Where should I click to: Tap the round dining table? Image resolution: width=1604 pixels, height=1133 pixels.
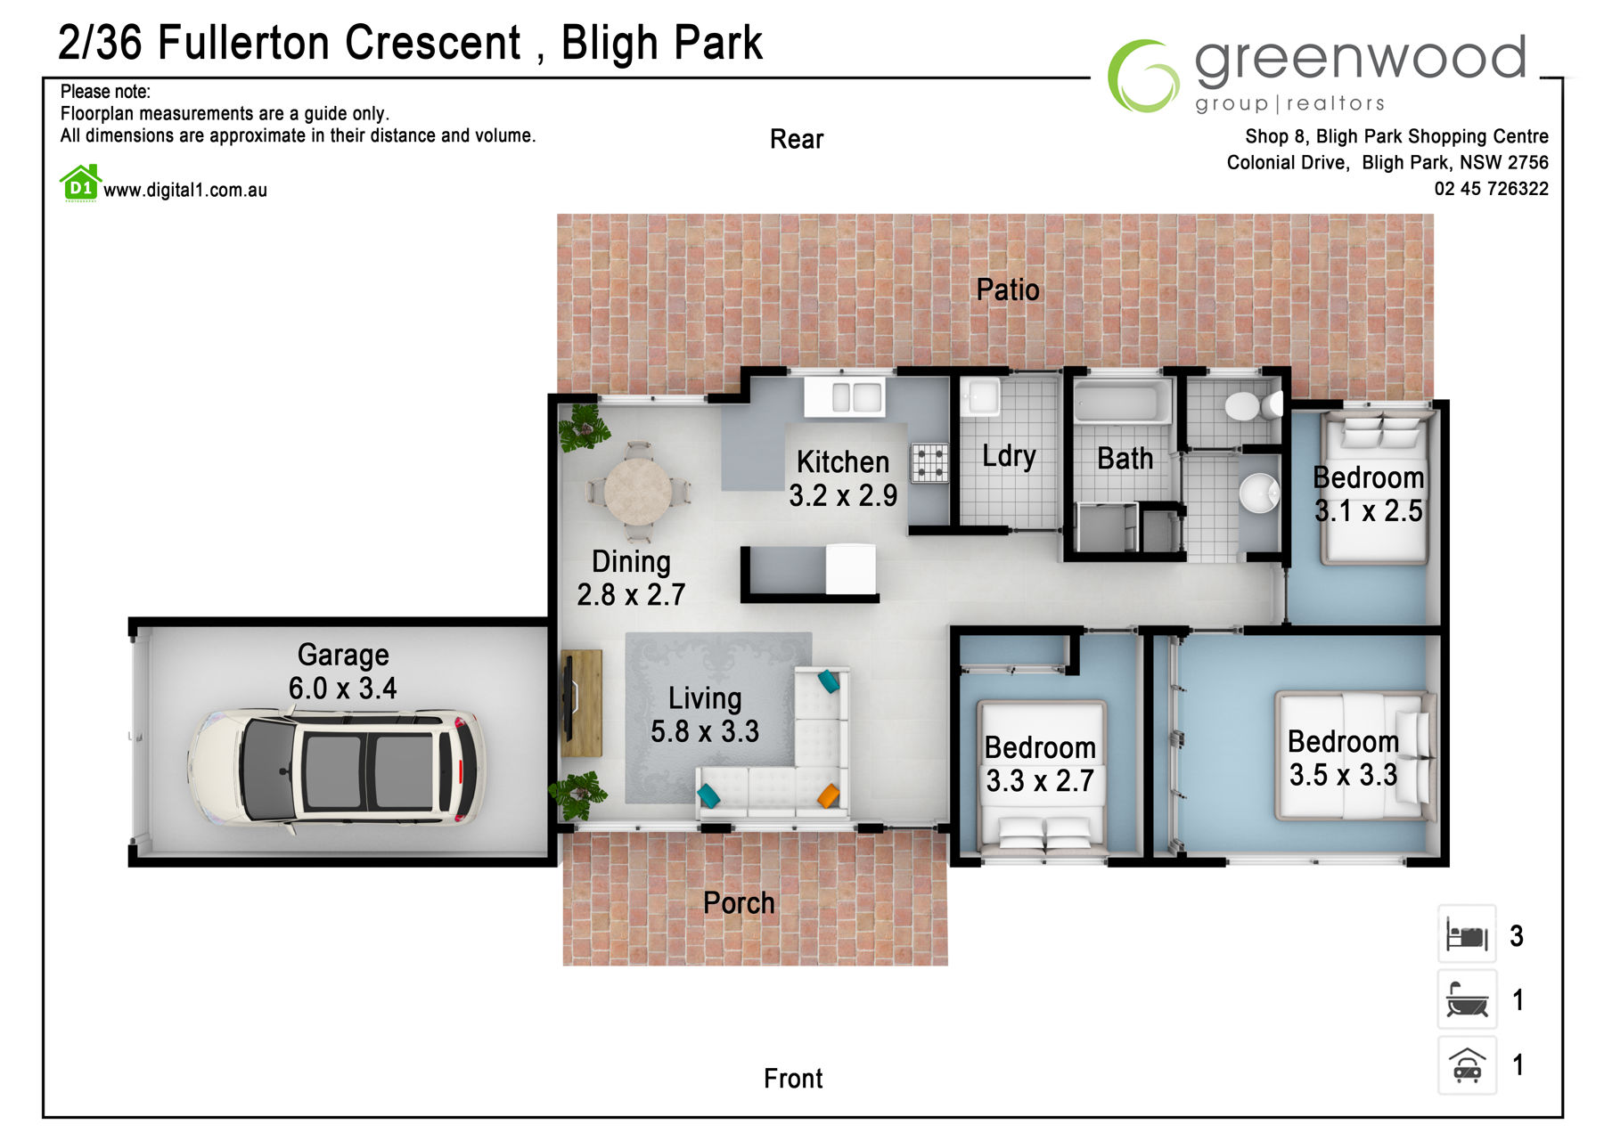point(637,492)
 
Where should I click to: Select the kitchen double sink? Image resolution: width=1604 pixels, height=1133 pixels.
point(845,396)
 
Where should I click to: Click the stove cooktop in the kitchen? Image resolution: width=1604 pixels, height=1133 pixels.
point(929,463)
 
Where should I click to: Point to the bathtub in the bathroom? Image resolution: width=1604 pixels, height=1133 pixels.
point(1122,403)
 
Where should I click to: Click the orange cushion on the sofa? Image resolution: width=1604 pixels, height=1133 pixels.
point(829,795)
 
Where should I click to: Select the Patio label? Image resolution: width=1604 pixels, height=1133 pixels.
point(1008,289)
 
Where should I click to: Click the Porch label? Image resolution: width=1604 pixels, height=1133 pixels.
point(739,903)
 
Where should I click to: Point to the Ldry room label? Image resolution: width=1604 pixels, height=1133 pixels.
point(1009,456)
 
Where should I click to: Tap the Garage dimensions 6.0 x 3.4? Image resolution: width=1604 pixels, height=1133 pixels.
point(342,689)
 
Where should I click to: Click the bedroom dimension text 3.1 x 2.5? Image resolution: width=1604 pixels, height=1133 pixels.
point(1368,511)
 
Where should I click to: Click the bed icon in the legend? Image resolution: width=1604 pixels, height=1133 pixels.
point(1467,935)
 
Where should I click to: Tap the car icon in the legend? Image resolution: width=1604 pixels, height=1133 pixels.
point(1467,1065)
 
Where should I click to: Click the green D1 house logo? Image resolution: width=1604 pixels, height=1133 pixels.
point(80,183)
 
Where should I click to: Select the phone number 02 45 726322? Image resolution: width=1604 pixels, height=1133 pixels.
point(1491,189)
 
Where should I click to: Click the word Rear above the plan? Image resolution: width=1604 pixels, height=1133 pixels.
point(797,139)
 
